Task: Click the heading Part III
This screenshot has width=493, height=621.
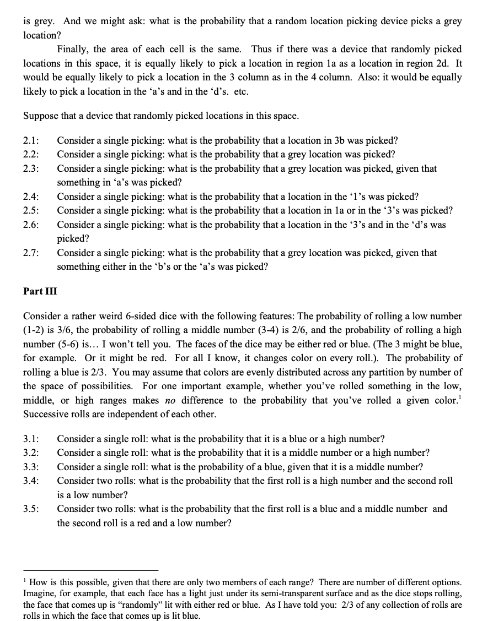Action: [x=40, y=291]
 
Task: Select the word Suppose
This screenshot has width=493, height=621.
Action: [x=40, y=116]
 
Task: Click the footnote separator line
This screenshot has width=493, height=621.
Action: [x=90, y=570]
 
